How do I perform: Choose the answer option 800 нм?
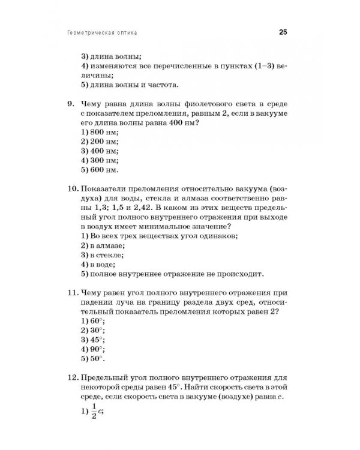pyautogui.click(x=99, y=131)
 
